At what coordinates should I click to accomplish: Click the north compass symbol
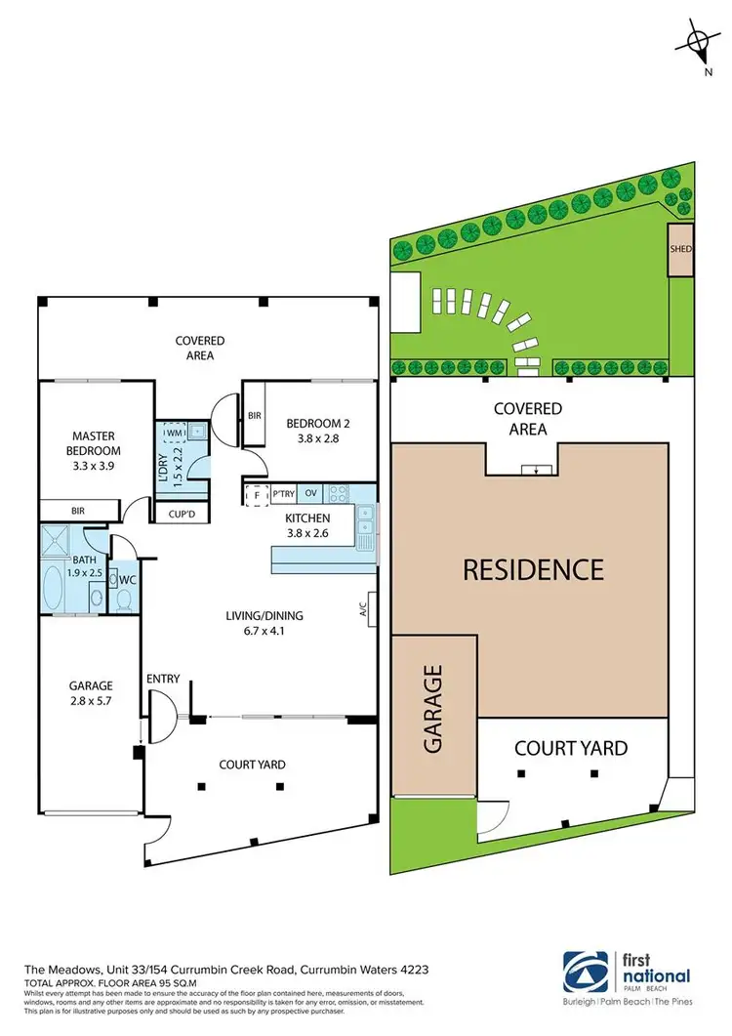(697, 41)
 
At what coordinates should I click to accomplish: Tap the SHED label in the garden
(680, 248)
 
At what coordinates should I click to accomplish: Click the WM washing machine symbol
(177, 431)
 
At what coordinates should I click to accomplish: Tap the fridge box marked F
(256, 494)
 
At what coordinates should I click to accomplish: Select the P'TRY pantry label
(284, 494)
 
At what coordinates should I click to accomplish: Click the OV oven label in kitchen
(311, 494)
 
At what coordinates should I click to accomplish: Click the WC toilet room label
(127, 579)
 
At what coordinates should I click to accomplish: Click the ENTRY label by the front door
(162, 678)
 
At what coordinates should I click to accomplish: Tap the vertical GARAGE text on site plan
(433, 709)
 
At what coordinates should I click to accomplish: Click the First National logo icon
(583, 971)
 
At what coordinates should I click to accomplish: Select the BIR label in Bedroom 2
(256, 415)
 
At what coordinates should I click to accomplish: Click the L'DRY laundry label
(164, 464)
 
